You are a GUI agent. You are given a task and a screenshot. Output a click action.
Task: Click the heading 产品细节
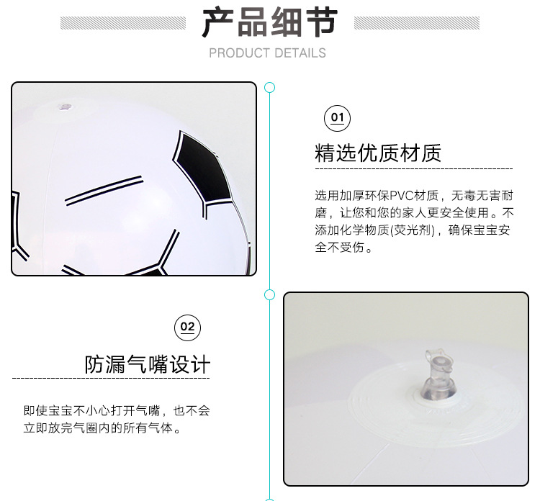pos(269,23)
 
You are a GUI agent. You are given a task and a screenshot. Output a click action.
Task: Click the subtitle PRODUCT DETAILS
pos(267,53)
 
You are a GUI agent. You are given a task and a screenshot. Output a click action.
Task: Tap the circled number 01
pos(337,118)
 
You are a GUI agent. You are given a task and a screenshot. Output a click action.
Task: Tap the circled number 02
pos(187,328)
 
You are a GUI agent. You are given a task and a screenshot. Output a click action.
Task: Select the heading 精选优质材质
pos(378,153)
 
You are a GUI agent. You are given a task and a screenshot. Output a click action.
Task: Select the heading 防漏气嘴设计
pos(148,364)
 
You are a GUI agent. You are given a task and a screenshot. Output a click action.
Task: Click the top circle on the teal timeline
pos(270,88)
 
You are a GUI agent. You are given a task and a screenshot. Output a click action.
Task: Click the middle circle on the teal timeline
pos(270,294)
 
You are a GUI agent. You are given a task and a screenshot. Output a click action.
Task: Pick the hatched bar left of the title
pos(123,23)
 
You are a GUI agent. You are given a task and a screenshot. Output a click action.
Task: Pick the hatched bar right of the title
pos(417,23)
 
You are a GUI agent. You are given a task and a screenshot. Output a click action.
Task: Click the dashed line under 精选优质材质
pos(413,168)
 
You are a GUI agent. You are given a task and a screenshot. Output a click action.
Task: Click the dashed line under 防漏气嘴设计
pos(111,378)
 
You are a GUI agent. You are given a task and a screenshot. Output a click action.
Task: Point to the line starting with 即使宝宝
pos(116,411)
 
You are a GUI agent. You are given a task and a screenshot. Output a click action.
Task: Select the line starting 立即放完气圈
pos(102,428)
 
